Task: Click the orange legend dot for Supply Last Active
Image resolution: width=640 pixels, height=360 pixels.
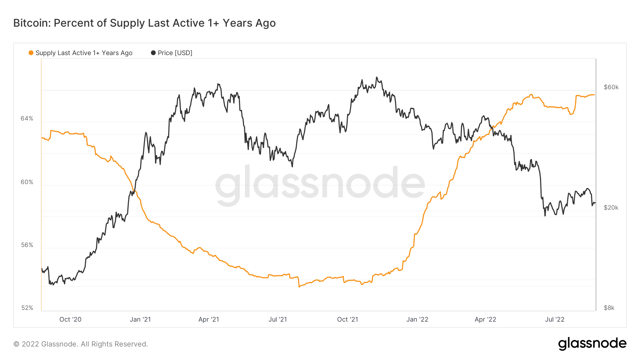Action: (x=31, y=53)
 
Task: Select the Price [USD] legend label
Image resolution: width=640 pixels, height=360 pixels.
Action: (x=175, y=53)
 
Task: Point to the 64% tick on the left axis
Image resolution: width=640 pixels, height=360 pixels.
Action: (x=27, y=118)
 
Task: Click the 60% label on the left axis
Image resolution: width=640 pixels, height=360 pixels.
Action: (x=27, y=182)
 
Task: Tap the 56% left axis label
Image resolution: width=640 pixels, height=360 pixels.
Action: (x=27, y=245)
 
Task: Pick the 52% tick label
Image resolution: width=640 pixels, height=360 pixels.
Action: (x=27, y=308)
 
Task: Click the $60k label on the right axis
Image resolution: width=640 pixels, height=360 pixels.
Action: (x=611, y=87)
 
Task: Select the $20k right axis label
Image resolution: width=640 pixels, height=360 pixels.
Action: (x=611, y=208)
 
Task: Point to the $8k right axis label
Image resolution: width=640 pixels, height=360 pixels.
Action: (x=609, y=308)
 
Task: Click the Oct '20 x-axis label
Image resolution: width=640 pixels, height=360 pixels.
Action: (x=70, y=319)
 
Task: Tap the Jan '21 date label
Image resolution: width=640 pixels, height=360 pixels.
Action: (x=140, y=319)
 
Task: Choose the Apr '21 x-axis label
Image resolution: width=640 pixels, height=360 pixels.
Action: (x=209, y=319)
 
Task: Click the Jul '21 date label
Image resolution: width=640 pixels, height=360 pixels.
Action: (x=278, y=319)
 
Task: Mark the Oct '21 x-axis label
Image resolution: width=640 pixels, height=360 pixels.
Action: (x=347, y=319)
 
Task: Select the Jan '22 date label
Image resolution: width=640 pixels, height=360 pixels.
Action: (x=417, y=319)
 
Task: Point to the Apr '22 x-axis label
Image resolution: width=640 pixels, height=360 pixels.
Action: (x=485, y=319)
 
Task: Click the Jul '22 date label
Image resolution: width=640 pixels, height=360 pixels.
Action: (x=555, y=319)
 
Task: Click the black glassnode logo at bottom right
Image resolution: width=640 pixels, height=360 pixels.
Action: (x=592, y=344)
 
